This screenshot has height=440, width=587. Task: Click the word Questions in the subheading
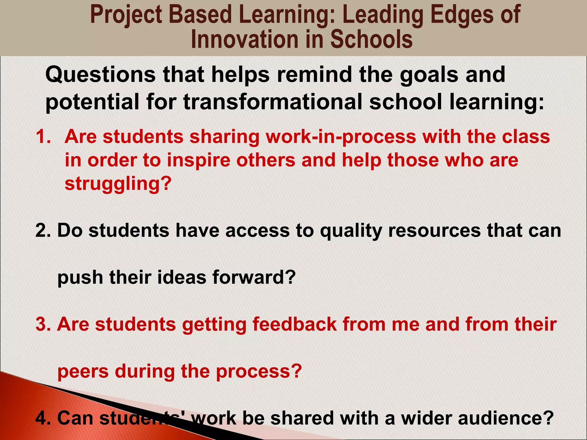(100, 74)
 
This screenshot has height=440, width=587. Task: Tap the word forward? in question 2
(254, 278)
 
